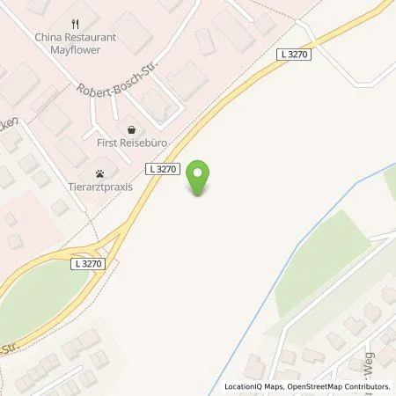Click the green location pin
coord(202,176)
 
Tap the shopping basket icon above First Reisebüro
coord(132,126)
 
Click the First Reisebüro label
coord(133,141)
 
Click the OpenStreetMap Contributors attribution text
coord(340,386)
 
